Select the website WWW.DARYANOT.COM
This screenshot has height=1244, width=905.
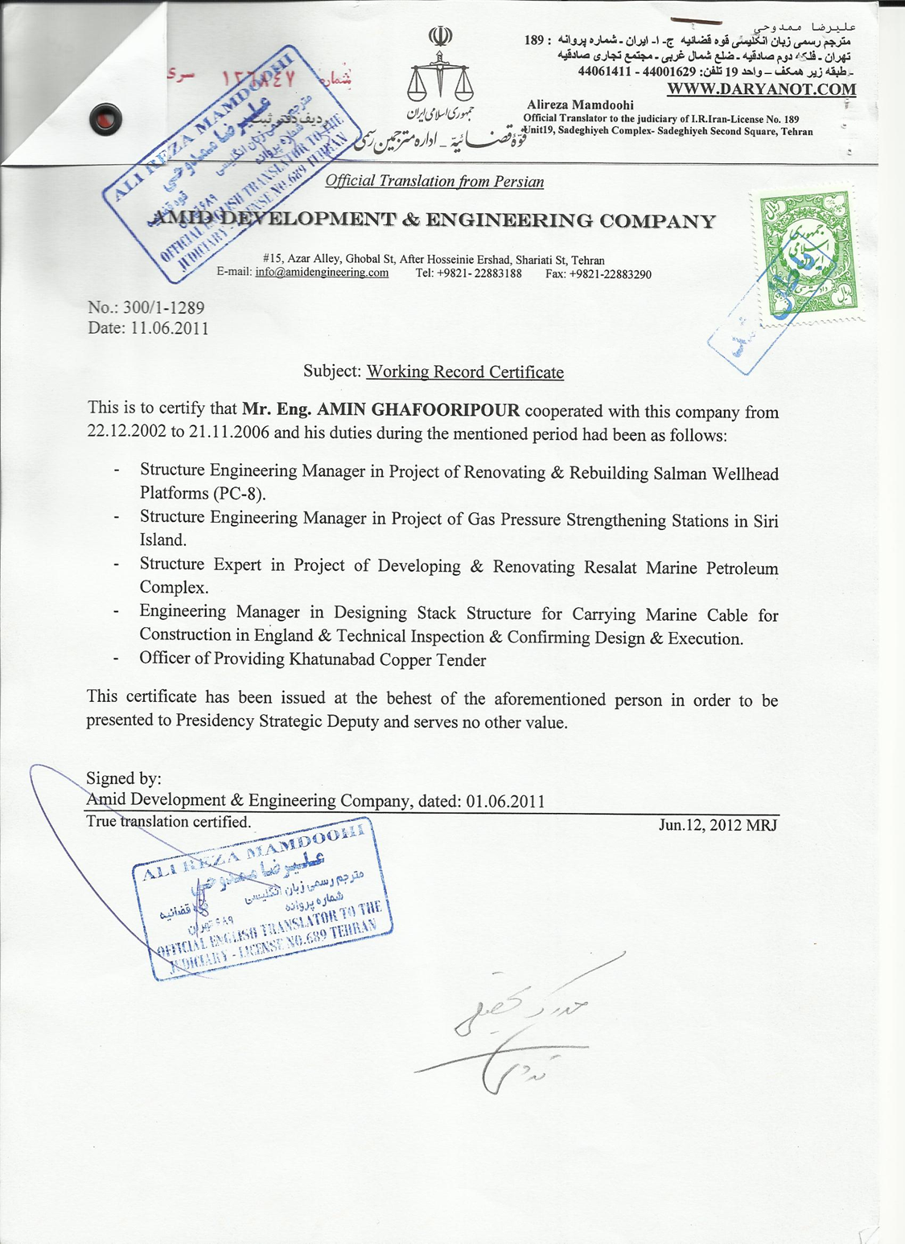(761, 88)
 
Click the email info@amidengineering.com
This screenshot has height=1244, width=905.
(322, 273)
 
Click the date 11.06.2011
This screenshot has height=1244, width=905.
(170, 328)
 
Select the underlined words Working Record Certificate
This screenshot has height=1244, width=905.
(465, 372)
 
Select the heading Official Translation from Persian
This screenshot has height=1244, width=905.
(434, 181)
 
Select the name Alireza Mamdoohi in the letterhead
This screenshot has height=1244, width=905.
(580, 105)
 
